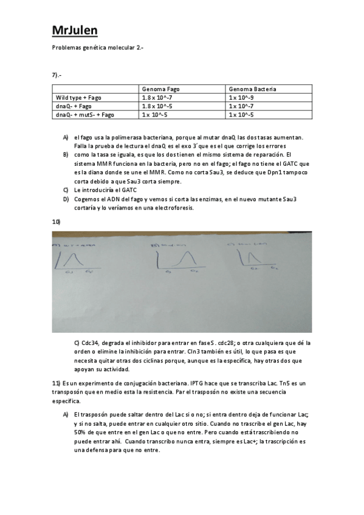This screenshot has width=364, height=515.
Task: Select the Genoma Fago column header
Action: point(160,89)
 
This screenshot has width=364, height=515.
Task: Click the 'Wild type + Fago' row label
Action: point(78,97)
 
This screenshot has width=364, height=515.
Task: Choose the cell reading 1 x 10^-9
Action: point(241,97)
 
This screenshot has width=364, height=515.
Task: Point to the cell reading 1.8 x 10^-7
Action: point(157,97)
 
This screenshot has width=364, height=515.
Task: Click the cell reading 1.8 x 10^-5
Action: point(157,106)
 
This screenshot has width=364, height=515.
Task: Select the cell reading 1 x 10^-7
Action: point(241,106)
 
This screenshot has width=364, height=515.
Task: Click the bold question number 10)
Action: point(56,222)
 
